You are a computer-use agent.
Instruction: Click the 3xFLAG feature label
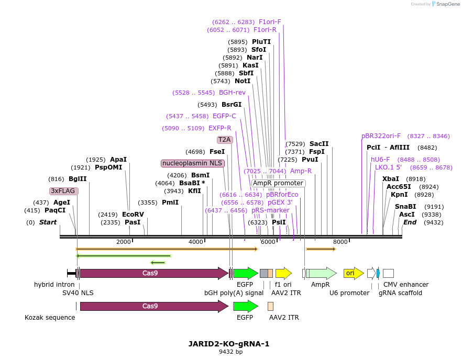(64, 191)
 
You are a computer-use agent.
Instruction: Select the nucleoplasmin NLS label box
(193, 163)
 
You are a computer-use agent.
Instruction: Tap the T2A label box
(224, 140)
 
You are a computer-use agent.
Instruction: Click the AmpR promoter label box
(278, 183)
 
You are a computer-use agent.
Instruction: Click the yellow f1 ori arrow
(283, 273)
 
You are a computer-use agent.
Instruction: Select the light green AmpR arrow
(321, 273)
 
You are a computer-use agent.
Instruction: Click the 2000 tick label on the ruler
(124, 242)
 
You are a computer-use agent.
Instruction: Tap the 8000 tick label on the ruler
(340, 242)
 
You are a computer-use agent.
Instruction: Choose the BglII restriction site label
(78, 178)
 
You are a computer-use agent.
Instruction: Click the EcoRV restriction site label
(133, 215)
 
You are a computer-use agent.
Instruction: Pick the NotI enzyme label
(243, 81)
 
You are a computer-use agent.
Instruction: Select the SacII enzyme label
(319, 144)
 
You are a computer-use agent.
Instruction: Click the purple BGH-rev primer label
(232, 93)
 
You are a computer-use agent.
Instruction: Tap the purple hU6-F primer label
(380, 160)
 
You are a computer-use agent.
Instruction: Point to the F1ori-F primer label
(270, 22)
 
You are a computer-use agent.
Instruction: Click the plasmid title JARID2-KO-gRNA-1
(229, 344)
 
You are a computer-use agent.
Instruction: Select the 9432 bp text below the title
(230, 352)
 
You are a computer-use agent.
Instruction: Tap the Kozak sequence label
(50, 318)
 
